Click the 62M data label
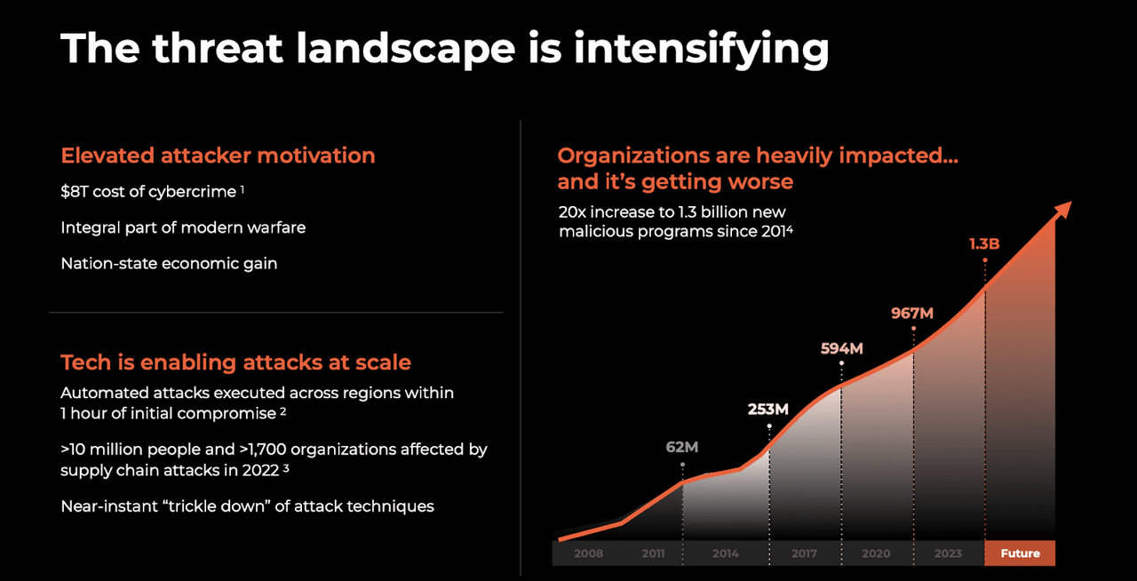[682, 447]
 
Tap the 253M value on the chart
[768, 409]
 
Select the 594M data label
[841, 348]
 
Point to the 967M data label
[912, 313]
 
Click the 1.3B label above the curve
[984, 243]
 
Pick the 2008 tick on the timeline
[588, 553]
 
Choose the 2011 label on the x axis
[653, 553]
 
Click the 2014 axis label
[725, 553]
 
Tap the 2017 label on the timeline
[804, 553]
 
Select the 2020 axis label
[876, 553]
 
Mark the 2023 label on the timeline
[948, 553]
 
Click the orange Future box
[1020, 553]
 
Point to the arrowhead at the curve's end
[1061, 211]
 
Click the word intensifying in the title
[702, 48]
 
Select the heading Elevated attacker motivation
[218, 155]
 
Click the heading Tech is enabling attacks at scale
[235, 362]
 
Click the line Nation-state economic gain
[169, 263]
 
